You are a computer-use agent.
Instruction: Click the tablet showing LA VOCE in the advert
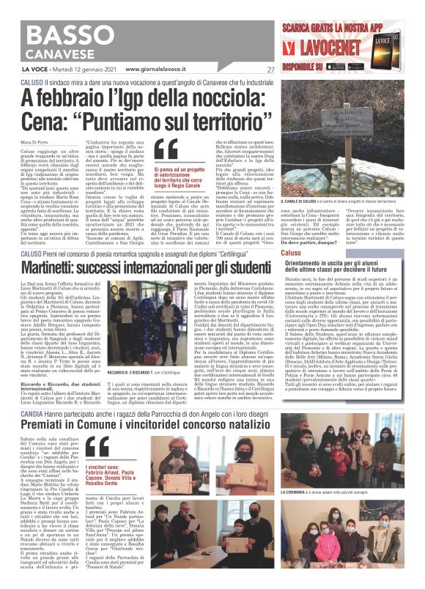point(296,45)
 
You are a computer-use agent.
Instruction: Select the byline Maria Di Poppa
point(36,133)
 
